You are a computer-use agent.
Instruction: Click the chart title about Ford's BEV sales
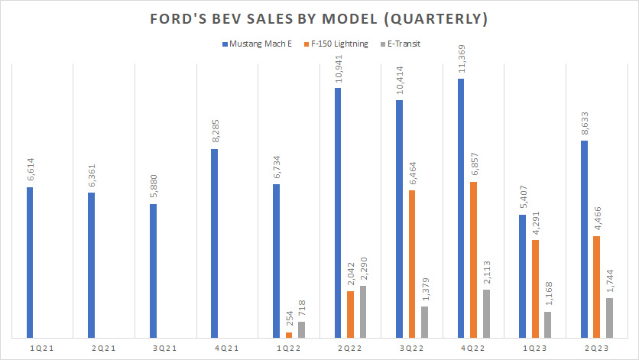pos(319,18)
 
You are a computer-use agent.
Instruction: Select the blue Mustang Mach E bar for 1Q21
pos(30,261)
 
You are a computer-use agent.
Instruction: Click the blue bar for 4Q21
pos(215,242)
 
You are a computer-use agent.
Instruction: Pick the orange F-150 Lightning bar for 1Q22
pos(288,334)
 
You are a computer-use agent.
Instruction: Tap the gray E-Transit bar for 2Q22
pos(363,311)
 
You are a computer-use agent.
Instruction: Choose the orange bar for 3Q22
pos(412,263)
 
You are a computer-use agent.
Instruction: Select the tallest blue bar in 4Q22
pos(461,207)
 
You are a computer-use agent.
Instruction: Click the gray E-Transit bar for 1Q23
pos(548,324)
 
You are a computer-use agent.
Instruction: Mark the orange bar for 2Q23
pos(597,286)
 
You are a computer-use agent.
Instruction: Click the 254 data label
pos(288,320)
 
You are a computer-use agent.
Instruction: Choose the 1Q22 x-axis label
pos(288,348)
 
